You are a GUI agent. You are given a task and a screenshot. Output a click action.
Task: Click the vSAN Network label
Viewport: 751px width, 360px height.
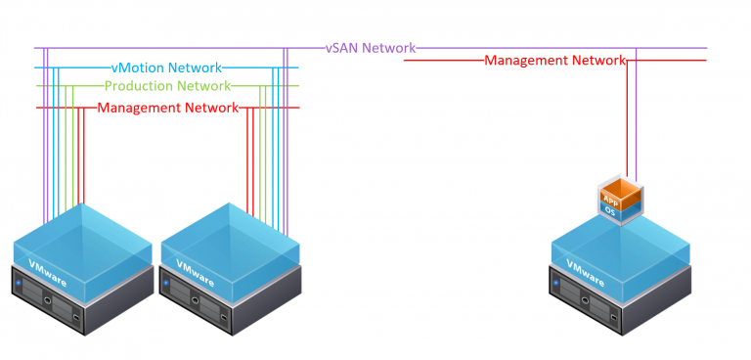371,48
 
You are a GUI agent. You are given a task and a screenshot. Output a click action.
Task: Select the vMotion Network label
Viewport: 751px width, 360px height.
166,68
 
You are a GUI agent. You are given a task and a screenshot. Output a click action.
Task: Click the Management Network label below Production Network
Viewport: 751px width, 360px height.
167,108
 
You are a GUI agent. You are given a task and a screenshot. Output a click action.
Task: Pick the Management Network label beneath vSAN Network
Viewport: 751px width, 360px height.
554,61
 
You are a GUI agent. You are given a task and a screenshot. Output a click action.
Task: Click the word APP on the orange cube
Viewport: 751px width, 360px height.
610,200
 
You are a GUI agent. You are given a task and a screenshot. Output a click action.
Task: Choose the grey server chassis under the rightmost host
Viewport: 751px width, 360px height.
616,303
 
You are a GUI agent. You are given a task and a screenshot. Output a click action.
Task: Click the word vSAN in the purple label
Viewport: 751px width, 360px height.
342,48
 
